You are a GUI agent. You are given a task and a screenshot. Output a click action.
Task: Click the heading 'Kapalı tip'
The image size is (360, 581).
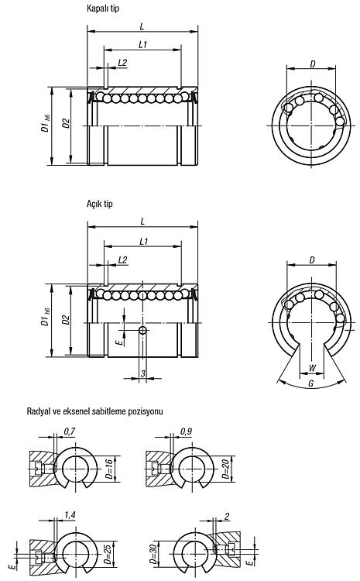pos(103,9)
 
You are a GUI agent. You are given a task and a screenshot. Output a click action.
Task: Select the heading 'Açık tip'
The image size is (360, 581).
pos(100,204)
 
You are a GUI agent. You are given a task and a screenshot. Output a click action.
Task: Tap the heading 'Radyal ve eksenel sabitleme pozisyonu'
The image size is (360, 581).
pos(94,411)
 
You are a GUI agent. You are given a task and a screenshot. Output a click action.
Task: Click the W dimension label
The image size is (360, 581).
pos(312,368)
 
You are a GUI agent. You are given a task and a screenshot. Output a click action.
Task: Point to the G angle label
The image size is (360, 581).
pos(311,384)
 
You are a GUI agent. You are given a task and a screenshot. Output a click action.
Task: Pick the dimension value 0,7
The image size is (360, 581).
pos(70,431)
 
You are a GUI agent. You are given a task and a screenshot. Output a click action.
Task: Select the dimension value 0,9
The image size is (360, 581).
pos(186,431)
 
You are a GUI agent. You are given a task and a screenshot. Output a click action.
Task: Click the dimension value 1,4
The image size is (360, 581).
pos(70,515)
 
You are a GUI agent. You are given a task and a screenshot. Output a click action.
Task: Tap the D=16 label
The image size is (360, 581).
pos(109,469)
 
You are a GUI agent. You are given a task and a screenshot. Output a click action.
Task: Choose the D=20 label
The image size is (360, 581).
pos(225,469)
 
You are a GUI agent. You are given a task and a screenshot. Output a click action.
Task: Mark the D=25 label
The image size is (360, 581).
pos(108,554)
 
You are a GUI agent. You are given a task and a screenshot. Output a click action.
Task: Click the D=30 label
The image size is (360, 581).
pos(153,554)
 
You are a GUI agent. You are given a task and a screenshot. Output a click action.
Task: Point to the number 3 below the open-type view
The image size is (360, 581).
pos(143,374)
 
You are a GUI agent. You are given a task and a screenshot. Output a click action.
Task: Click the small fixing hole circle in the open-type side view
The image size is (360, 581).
pos(142,330)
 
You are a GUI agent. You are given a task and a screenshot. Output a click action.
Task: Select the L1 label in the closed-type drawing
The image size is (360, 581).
pos(143,44)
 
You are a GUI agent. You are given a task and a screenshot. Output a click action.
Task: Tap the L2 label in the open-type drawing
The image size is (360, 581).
pos(122,260)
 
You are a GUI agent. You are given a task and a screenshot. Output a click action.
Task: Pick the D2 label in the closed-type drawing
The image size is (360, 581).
pos(66,123)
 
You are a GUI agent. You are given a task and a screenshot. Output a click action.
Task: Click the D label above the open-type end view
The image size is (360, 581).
pos(312,260)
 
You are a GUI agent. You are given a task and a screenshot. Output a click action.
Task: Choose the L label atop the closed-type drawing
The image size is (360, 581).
pos(142,26)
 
